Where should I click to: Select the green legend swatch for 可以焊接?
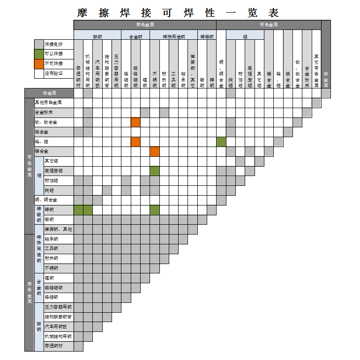tap(39, 54)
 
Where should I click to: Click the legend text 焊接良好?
tap(53, 44)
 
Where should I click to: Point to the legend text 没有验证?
tap(53, 73)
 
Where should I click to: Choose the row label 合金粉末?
tap(44, 112)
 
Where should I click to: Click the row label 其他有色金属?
tap(48, 103)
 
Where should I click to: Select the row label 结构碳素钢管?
tap(58, 317)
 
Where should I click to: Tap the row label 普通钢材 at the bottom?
tap(53, 346)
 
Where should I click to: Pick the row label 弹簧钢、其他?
tap(58, 229)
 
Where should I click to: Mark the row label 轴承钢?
tap(51, 239)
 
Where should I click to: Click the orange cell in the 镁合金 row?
tap(155, 151)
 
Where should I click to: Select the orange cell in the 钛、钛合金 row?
tap(135, 122)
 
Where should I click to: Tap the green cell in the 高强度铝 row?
tap(155, 171)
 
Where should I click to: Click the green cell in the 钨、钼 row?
tap(221, 141)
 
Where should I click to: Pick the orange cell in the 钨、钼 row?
tap(135, 141)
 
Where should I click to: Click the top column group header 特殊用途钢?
tap(173, 36)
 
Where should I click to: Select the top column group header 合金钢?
tap(135, 36)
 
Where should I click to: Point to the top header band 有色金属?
tap(269, 25)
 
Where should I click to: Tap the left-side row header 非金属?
tap(49, 93)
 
